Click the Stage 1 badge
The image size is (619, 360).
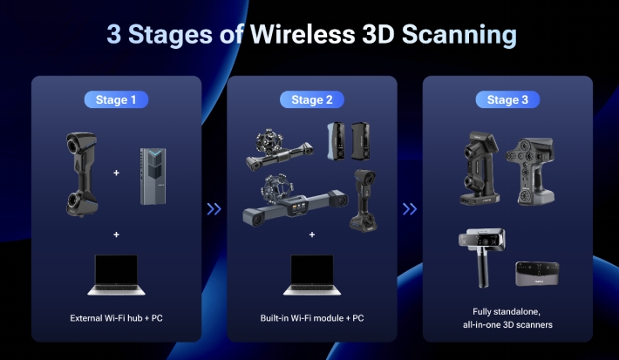(x=116, y=99)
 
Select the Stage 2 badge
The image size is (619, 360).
(x=312, y=99)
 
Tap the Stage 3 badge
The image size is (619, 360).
(x=507, y=99)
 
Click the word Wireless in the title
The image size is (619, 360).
(x=303, y=34)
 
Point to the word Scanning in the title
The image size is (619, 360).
(x=459, y=35)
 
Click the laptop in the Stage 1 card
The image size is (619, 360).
(x=116, y=275)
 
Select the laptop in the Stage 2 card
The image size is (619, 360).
(x=312, y=275)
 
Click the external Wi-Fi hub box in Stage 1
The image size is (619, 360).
(x=153, y=176)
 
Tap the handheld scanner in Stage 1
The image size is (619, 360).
(x=82, y=174)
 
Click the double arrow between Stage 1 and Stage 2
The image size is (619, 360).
(x=214, y=209)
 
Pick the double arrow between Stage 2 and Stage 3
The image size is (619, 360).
(x=410, y=209)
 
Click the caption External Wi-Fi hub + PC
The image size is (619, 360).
(x=116, y=318)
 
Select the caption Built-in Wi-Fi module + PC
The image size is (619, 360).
(x=312, y=318)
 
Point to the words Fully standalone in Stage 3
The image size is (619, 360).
(x=507, y=312)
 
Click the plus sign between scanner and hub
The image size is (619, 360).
(x=116, y=173)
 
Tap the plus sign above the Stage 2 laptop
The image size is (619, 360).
(x=312, y=234)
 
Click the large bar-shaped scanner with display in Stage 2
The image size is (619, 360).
(x=296, y=200)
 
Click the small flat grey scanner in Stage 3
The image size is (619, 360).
(x=537, y=273)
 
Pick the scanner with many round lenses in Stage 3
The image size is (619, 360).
(x=531, y=171)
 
